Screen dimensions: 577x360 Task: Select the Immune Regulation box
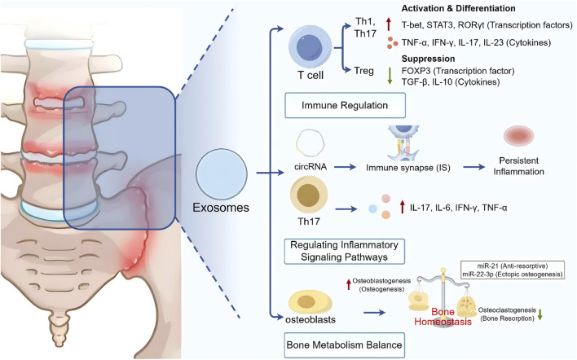pos(345,106)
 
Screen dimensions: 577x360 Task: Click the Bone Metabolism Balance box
pos(344,345)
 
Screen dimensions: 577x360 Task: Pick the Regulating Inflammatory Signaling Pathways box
pos(345,251)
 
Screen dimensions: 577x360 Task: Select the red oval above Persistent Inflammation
pos(518,136)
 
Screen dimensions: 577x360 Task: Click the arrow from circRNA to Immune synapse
pos(347,167)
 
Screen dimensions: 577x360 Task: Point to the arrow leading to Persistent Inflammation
pos(474,167)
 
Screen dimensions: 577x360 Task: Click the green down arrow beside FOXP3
pos(390,76)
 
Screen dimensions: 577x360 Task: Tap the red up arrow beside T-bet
pos(389,24)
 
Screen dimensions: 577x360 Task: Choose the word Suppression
pos(428,59)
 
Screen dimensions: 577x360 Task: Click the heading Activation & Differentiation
pos(458,8)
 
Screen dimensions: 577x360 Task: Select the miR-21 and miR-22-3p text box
pos(513,270)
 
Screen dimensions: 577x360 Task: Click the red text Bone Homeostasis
pos(443,317)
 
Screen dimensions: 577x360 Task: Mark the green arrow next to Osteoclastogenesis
pos(540,314)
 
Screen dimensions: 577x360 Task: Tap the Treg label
pos(363,71)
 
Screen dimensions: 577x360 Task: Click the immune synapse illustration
pos(403,143)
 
